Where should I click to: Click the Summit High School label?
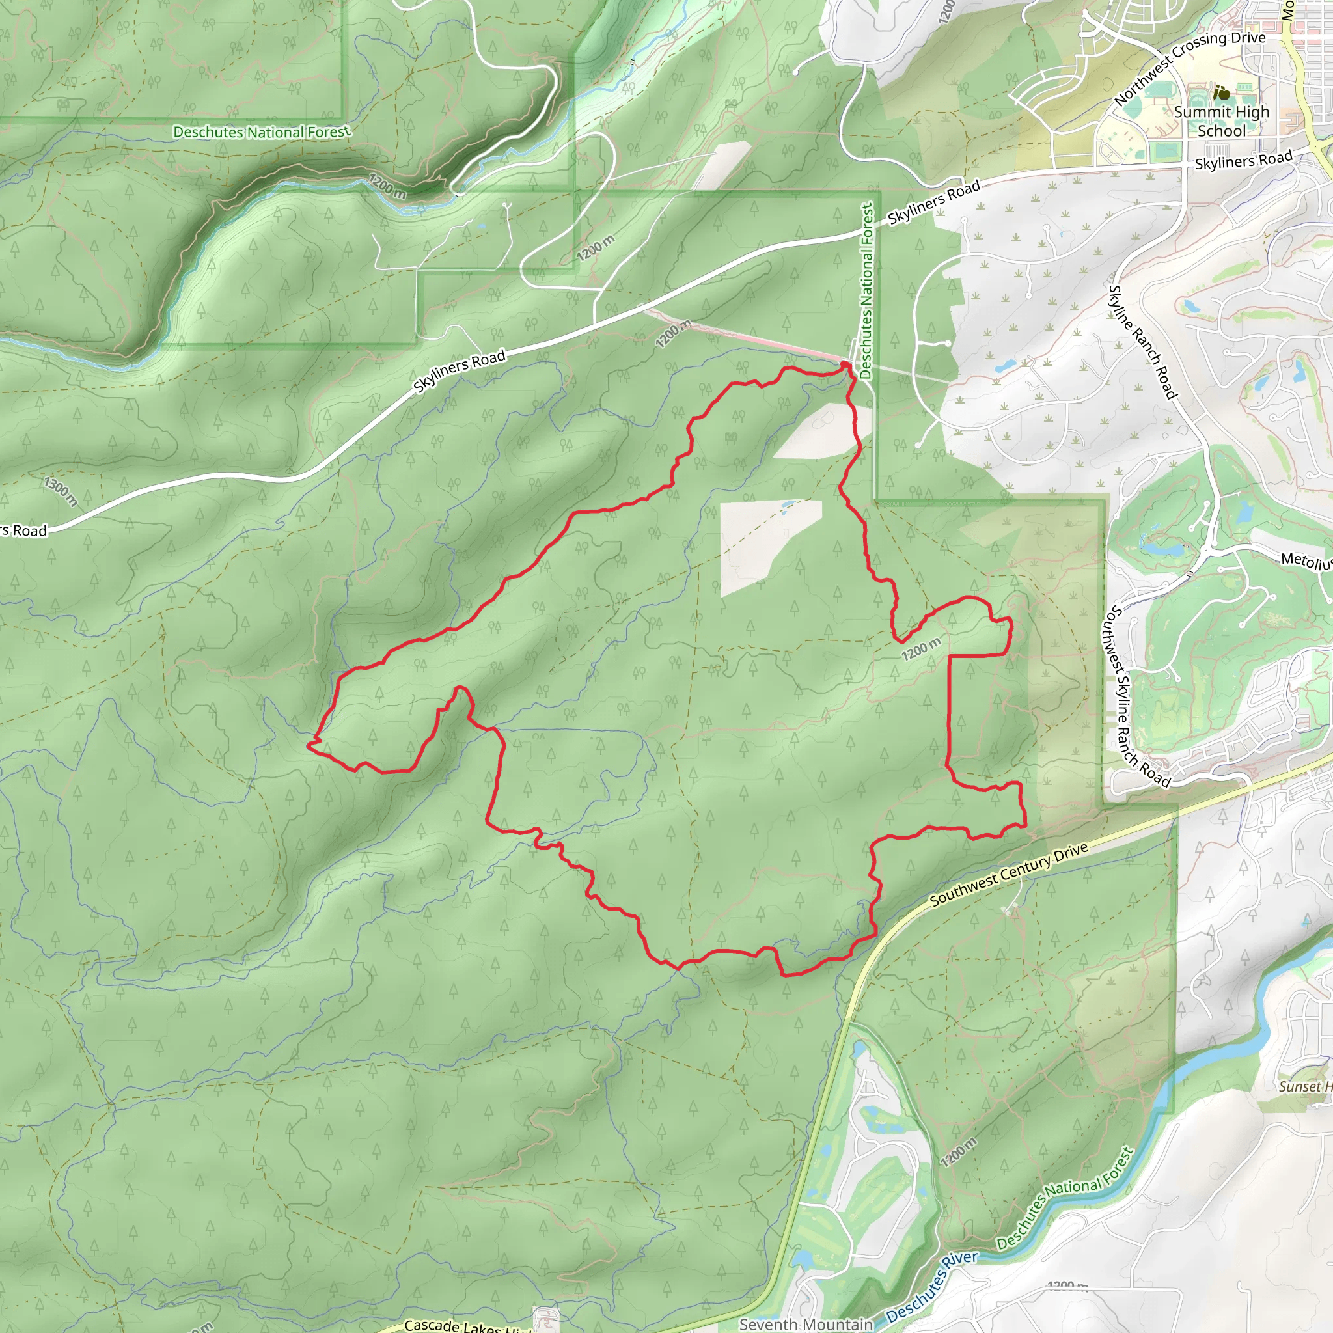click(1221, 122)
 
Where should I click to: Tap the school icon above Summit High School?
click(1222, 92)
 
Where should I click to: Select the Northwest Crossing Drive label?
click(1190, 68)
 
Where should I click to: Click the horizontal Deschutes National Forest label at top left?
click(262, 131)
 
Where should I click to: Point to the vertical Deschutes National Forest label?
click(866, 290)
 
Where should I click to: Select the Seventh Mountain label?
click(806, 1324)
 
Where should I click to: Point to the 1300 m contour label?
click(61, 491)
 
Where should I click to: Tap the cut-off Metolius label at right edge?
click(1306, 561)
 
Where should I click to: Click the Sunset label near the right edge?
click(1304, 1086)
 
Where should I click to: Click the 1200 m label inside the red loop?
click(920, 648)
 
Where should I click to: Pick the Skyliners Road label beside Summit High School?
click(1243, 160)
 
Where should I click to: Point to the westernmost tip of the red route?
click(309, 745)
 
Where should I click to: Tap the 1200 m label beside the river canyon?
click(387, 186)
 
